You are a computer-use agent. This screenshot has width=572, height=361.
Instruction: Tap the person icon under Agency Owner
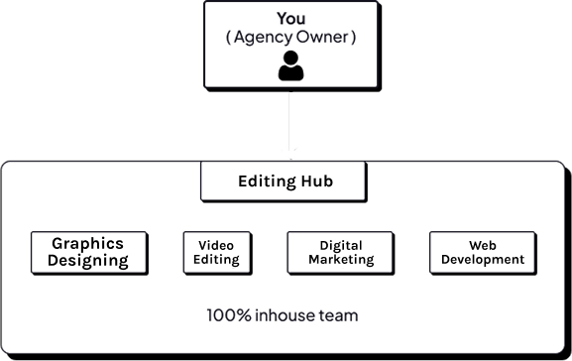pos(290,65)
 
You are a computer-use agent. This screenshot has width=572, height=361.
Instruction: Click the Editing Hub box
pos(284,181)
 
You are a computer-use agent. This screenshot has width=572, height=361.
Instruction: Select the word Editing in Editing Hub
pos(266,181)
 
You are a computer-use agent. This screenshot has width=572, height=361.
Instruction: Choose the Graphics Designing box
pos(89,252)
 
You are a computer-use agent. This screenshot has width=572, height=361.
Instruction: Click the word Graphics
pos(88,243)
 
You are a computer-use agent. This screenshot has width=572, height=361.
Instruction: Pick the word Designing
pos(89,261)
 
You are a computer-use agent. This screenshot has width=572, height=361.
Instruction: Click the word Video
pos(214,244)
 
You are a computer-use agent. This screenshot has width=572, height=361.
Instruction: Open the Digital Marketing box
pos(341,252)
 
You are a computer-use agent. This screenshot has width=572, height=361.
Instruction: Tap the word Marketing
pos(341,260)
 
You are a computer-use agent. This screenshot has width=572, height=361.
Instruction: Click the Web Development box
pos(483,252)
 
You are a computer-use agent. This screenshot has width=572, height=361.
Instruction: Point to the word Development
pos(483,260)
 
